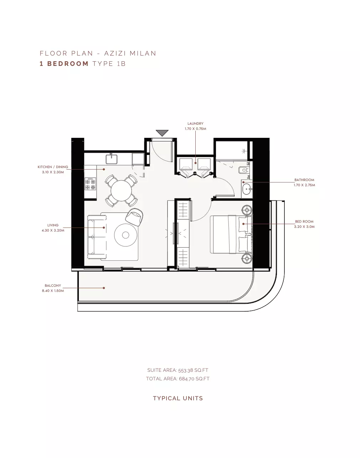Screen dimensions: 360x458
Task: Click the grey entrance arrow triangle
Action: tap(162, 133)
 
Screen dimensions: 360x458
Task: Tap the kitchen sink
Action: tap(111, 159)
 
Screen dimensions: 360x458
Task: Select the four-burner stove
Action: tap(90, 184)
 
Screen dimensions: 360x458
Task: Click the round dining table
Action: tap(121, 191)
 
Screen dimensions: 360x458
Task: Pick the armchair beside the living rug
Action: tap(134, 217)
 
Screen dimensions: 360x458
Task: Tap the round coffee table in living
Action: tap(126, 235)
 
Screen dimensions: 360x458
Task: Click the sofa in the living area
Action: tap(97, 237)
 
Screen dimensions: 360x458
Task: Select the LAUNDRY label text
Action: tap(195, 124)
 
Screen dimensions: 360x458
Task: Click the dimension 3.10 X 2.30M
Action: tap(53, 172)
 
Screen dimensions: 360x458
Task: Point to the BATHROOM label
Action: tap(304, 180)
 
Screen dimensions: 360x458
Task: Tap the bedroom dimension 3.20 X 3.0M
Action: tap(304, 227)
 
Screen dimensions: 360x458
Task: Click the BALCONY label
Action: tap(53, 285)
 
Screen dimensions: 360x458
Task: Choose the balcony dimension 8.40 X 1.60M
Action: tap(53, 291)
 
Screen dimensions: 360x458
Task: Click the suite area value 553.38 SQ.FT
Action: tap(193, 370)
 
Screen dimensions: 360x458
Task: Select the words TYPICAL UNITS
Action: tap(178, 398)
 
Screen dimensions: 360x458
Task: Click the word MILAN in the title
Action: tap(143, 53)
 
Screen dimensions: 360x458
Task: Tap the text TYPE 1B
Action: tap(109, 64)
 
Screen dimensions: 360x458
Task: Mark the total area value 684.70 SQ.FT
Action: tap(194, 379)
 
